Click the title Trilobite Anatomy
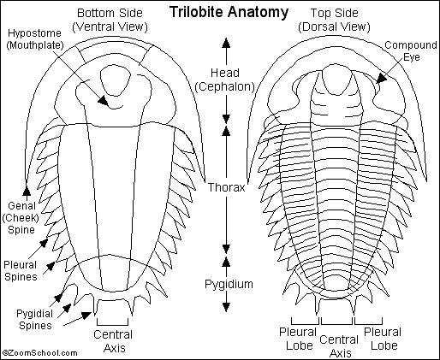click(x=229, y=12)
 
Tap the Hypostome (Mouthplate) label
click(x=34, y=39)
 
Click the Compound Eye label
click(x=411, y=50)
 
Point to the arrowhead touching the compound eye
click(x=382, y=78)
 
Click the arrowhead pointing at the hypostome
click(x=104, y=100)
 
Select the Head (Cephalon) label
click(x=225, y=80)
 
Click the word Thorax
click(x=226, y=187)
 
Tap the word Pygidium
click(x=229, y=284)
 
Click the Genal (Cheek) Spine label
click(x=21, y=217)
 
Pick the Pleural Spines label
click(x=21, y=271)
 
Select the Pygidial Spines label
click(x=35, y=319)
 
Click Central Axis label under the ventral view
click(x=113, y=341)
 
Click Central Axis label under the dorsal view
click(x=339, y=346)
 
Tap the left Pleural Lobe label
click(x=298, y=339)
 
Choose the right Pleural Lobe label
click(x=383, y=339)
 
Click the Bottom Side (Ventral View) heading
click(x=110, y=20)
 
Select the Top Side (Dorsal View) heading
click(x=334, y=20)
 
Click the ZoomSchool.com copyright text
click(x=39, y=353)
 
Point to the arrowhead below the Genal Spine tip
click(x=27, y=190)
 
